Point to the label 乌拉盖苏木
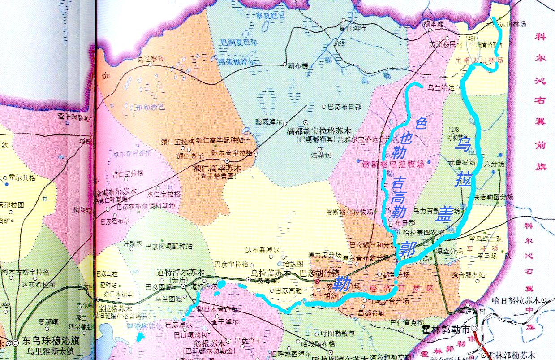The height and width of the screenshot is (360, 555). pyautogui.click(x=271, y=273)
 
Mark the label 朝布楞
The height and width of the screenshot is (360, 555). pyautogui.click(x=298, y=65)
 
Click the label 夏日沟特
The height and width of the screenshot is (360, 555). pyautogui.click(x=353, y=28)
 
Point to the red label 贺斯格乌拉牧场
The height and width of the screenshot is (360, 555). pyautogui.click(x=393, y=164)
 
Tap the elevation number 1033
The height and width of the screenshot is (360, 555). pyautogui.click(x=339, y=43)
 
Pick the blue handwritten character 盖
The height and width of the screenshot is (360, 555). pyautogui.click(x=446, y=213)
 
